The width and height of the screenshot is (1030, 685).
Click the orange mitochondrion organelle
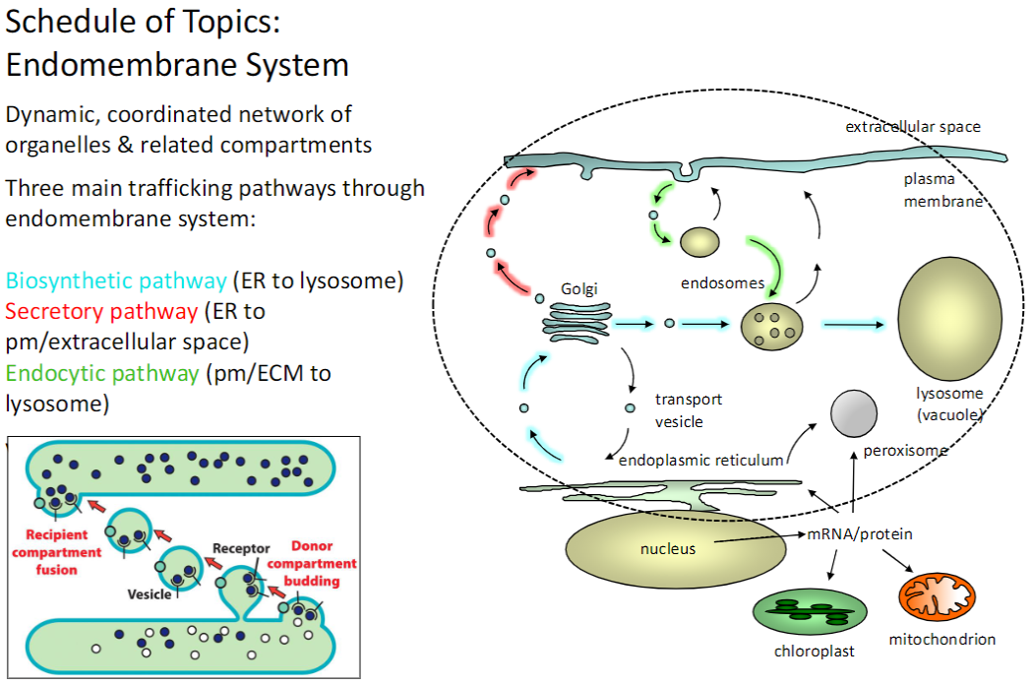click(938, 595)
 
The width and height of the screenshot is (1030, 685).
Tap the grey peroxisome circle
click(854, 413)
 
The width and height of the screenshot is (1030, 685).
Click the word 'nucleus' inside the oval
click(669, 548)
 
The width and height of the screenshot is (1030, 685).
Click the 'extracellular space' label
click(912, 127)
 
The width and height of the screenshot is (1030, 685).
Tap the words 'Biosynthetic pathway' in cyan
click(115, 281)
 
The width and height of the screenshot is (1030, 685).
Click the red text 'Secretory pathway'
click(101, 312)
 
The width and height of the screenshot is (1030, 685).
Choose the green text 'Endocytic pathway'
click(102, 373)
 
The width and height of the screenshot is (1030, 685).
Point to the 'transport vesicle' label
click(689, 410)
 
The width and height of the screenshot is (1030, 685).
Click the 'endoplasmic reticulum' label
click(700, 460)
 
